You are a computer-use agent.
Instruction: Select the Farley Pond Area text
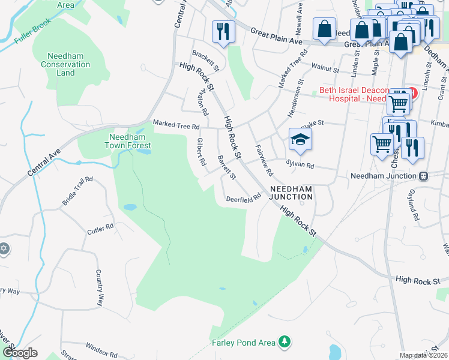[243, 343]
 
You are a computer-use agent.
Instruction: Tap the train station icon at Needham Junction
[423, 176]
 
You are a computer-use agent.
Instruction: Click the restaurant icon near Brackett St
[223, 31]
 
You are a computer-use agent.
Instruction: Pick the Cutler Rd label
[100, 229]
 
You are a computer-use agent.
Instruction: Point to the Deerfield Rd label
[244, 197]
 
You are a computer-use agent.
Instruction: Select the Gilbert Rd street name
[201, 152]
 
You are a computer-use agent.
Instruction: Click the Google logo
[20, 352]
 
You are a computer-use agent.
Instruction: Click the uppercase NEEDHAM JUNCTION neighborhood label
[291, 192]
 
